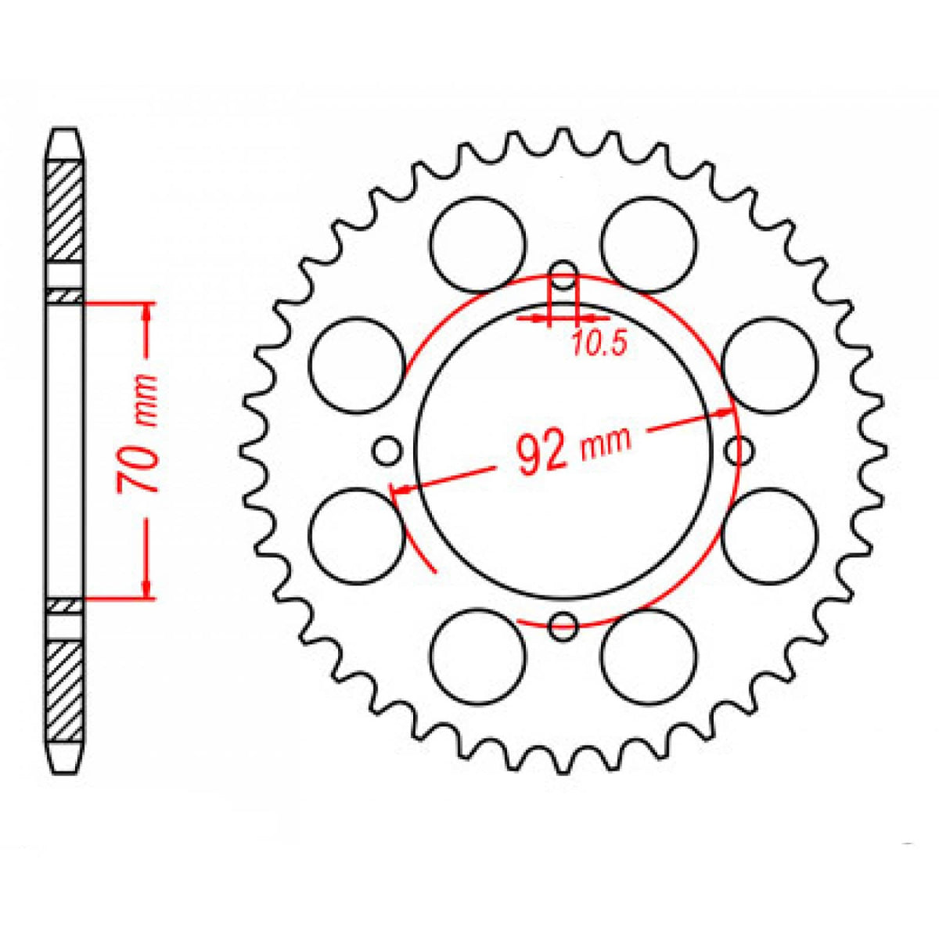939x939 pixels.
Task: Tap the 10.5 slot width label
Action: point(599,344)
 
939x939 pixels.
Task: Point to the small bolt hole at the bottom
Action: point(563,624)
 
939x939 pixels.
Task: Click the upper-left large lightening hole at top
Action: point(478,243)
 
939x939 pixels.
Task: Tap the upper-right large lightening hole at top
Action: point(649,243)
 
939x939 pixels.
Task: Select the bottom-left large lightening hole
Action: point(478,655)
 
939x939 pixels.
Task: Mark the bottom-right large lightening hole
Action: point(649,655)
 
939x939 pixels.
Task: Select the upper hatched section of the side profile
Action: point(64,211)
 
